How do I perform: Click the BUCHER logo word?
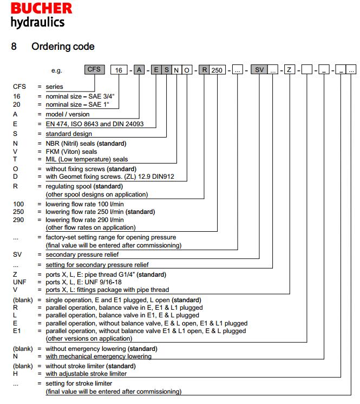[x=41, y=9]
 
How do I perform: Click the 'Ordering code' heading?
[x=63, y=46]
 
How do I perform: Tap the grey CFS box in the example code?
[x=95, y=69]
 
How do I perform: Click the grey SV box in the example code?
[x=260, y=69]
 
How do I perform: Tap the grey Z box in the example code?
[x=290, y=69]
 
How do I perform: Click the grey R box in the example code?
[x=204, y=69]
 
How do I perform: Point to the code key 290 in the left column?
[x=19, y=220]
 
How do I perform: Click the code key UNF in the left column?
[x=19, y=282]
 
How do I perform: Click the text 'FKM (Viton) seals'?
[x=71, y=152]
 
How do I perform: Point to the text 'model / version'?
[x=68, y=114]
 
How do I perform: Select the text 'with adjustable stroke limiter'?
[x=86, y=374]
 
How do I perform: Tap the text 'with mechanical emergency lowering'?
[x=99, y=356]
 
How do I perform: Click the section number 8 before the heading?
[x=14, y=46]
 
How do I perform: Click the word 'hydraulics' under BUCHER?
[x=37, y=22]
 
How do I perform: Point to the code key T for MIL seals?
[x=15, y=159]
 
